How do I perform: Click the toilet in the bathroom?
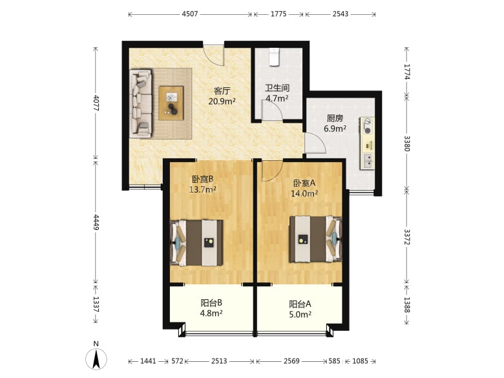click(274, 57)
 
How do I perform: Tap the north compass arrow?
click(96, 358)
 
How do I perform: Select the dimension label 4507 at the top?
click(190, 14)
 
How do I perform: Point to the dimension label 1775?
click(278, 14)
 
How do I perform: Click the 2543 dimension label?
click(341, 14)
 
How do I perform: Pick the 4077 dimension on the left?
click(96, 103)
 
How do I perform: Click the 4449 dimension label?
click(96, 222)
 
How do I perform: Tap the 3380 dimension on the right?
click(407, 143)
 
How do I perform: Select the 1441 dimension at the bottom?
click(148, 361)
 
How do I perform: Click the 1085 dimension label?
click(360, 361)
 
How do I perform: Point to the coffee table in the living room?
click(171, 103)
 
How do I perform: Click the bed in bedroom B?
click(196, 243)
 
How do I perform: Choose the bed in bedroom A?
click(315, 239)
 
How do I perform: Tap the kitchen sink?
click(368, 161)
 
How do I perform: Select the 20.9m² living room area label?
click(222, 101)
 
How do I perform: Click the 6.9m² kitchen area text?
click(335, 129)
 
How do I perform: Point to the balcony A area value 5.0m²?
click(300, 315)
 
